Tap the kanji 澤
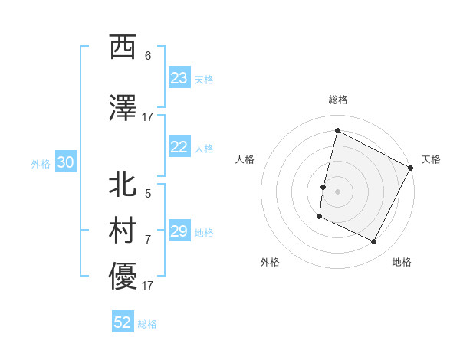[x=123, y=109]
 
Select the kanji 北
[x=123, y=185]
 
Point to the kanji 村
[x=123, y=231]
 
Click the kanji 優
[x=123, y=277]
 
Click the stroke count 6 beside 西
[x=148, y=56]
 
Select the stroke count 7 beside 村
[x=148, y=239]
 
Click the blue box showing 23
[x=179, y=78]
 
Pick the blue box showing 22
[x=179, y=148]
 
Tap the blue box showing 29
[x=179, y=231]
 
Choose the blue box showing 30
[x=65, y=162]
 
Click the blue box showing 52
[x=123, y=322]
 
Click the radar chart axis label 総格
[x=337, y=100]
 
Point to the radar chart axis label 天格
[x=431, y=159]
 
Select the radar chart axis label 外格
[x=270, y=262]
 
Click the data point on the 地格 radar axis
[x=374, y=242]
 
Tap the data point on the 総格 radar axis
[x=337, y=130]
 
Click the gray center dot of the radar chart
[x=337, y=191]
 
